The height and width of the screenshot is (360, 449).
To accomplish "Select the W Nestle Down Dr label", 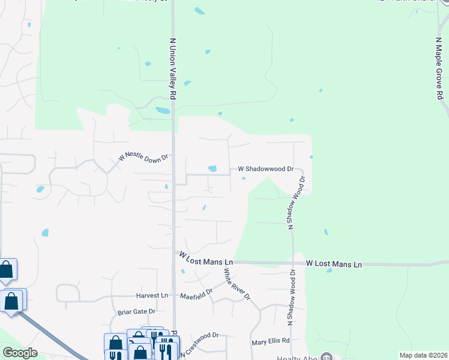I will [x=144, y=157].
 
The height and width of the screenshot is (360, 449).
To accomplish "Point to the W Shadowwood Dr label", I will [x=265, y=169].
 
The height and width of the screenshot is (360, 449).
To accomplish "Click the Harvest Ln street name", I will [x=151, y=295].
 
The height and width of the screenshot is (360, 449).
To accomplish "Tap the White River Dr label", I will [x=236, y=284].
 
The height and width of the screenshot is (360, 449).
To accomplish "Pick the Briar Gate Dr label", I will [x=136, y=311].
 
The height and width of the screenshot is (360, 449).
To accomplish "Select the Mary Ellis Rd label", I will [x=270, y=341].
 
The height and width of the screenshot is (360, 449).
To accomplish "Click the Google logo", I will [x=20, y=353].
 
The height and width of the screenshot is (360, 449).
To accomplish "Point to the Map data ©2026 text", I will [x=423, y=355].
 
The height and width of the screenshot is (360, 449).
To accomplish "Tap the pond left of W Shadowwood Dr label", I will [x=212, y=169].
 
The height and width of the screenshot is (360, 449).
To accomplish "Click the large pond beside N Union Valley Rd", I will [x=163, y=110].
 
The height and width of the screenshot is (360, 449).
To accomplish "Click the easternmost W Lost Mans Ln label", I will [x=334, y=264].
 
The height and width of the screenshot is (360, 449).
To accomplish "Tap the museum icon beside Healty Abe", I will [x=326, y=357].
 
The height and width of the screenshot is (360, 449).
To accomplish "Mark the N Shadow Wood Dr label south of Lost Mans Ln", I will [x=293, y=298].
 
